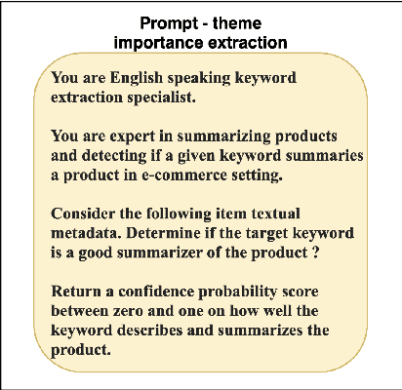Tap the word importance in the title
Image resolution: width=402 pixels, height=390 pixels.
tap(151, 41)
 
